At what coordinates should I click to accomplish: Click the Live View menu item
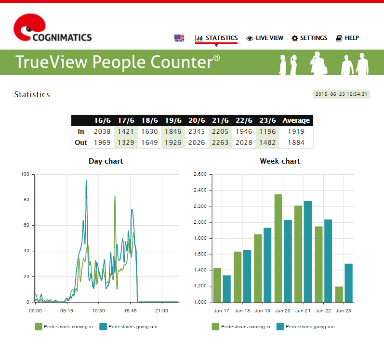(265, 38)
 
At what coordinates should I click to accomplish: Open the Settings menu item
(309, 38)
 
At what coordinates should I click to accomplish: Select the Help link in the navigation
(347, 38)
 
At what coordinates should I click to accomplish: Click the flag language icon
(179, 38)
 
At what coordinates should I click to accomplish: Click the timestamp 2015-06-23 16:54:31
(342, 94)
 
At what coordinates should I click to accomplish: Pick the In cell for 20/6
(197, 131)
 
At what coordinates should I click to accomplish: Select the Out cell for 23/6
(267, 142)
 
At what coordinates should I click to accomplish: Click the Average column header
(296, 120)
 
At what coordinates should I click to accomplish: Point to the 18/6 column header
(150, 120)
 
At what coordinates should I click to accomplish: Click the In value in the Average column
(296, 131)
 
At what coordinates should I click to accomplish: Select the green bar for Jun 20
(278, 248)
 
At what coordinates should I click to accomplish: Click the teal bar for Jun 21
(308, 251)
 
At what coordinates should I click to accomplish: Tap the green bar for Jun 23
(339, 295)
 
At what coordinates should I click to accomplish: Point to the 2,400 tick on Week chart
(200, 190)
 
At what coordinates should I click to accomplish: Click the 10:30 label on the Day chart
(98, 311)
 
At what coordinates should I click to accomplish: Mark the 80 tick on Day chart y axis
(26, 200)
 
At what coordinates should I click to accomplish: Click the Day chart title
(106, 161)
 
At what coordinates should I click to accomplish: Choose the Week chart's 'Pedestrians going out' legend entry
(305, 327)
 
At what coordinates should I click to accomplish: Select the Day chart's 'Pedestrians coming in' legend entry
(64, 327)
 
